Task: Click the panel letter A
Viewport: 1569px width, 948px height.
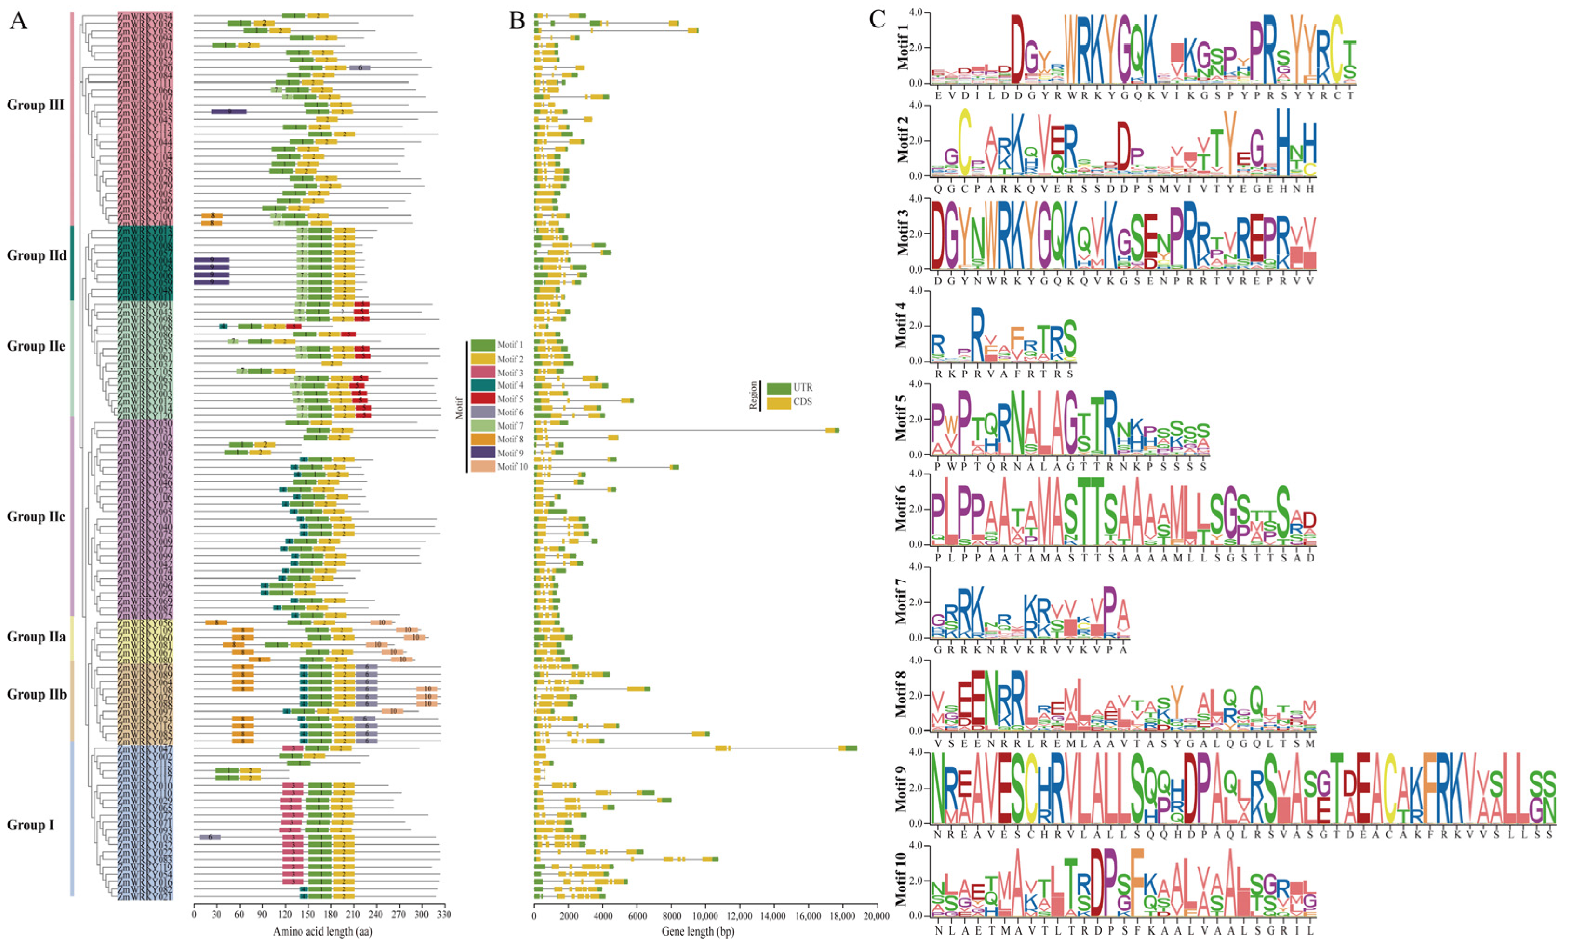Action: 19,21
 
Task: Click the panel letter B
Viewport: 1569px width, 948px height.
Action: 516,21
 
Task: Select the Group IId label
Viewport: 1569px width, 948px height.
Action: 36,255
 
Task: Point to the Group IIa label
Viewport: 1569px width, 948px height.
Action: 36,637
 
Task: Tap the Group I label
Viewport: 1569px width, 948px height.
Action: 31,825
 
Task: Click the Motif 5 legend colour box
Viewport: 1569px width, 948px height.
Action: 483,399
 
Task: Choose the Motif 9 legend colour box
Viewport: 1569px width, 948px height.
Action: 483,453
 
